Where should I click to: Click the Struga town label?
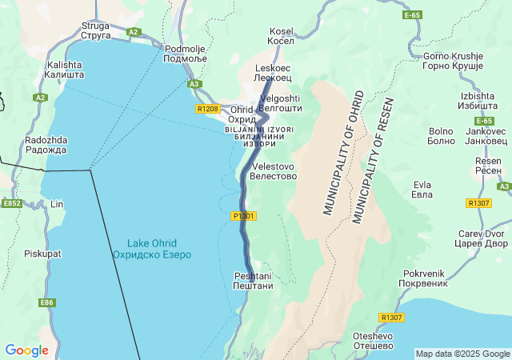coord(95,30)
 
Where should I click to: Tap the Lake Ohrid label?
coord(151,248)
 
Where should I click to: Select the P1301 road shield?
coord(243,216)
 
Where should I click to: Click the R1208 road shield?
coord(206,108)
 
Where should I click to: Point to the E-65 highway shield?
coord(412,15)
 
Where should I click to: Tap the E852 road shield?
coord(11,204)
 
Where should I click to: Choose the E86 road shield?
coord(47,302)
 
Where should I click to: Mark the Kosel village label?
coord(281,36)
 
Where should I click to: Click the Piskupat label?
coord(42,254)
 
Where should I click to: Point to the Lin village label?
coord(56,204)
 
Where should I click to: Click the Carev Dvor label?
coord(482,238)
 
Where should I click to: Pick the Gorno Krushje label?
coord(454,61)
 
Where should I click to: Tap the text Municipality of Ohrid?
coord(343,153)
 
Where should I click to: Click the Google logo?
coord(26,350)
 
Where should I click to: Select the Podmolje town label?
coord(185,54)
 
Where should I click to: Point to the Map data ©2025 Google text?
coord(462,354)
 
